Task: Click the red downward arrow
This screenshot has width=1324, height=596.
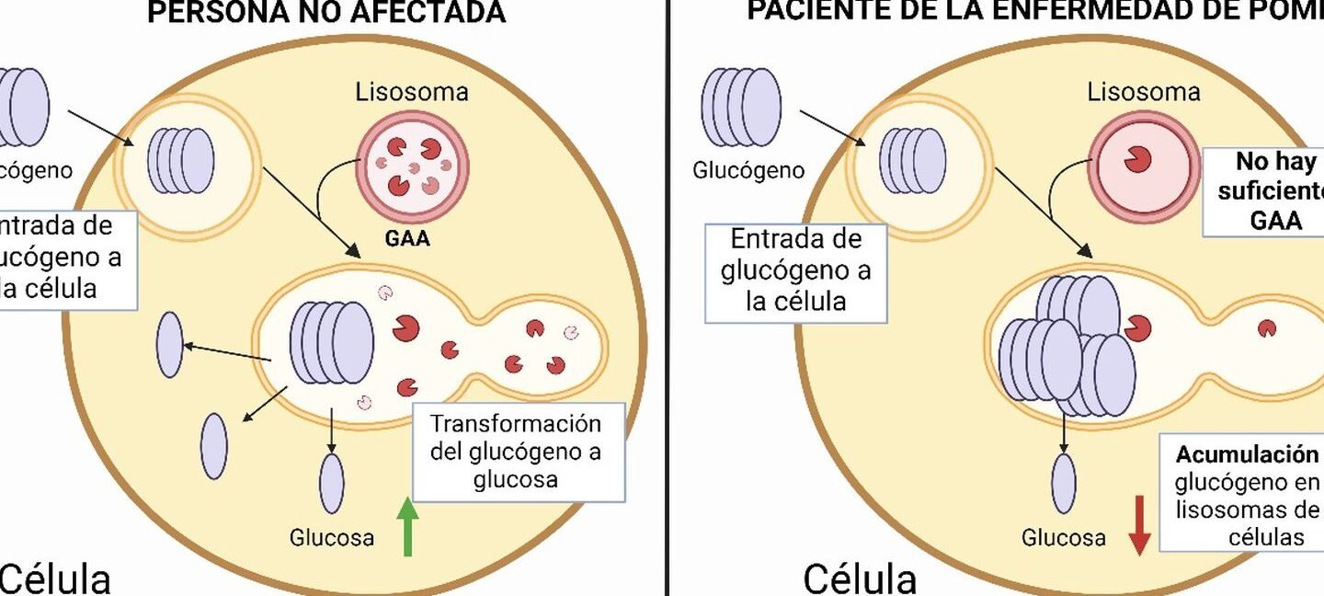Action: (x=1139, y=524)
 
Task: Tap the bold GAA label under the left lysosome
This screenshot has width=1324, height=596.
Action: (x=407, y=240)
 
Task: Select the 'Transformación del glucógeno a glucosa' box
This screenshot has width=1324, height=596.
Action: (x=518, y=452)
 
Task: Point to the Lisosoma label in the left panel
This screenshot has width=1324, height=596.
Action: (x=411, y=92)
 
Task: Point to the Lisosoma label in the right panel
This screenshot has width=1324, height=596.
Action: (x=1144, y=92)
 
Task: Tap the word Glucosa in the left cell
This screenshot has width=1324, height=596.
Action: (x=332, y=538)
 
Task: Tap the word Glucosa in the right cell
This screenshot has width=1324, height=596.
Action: (x=1064, y=538)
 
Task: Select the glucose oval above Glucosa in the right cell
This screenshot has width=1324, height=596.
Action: (x=1064, y=484)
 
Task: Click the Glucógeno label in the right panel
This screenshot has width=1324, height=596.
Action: (x=748, y=171)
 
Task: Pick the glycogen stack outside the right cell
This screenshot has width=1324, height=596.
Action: (x=740, y=107)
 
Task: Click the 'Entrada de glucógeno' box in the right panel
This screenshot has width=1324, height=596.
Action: (x=795, y=273)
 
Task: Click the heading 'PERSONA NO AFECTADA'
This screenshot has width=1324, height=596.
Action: (x=326, y=13)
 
